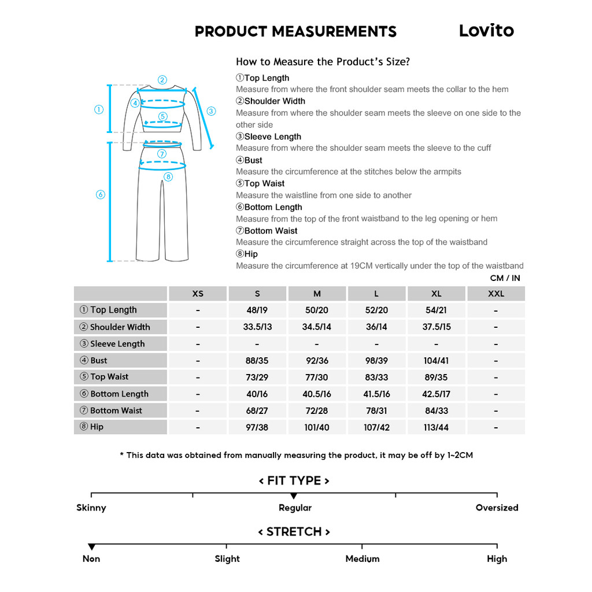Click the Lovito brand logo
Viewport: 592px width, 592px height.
(x=486, y=31)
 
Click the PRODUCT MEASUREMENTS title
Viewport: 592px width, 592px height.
(x=295, y=32)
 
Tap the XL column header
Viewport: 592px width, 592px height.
(x=436, y=294)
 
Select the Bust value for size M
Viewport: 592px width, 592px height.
(x=317, y=361)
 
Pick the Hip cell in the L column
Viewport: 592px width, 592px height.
(x=376, y=428)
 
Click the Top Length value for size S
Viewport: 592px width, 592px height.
(x=257, y=310)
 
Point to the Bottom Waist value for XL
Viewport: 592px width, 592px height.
(x=436, y=411)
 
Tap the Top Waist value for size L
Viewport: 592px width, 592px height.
(x=376, y=378)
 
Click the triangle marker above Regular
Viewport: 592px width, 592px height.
(x=294, y=496)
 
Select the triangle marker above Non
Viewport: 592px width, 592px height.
(x=91, y=547)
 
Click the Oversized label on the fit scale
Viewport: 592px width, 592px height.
(x=497, y=508)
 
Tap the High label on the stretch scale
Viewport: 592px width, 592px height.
(x=497, y=559)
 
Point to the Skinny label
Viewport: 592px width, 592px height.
(x=91, y=508)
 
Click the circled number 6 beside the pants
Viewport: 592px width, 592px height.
(x=100, y=195)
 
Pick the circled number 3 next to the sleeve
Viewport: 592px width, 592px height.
(x=211, y=111)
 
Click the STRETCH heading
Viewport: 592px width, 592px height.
(x=294, y=532)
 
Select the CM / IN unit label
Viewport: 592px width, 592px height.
(x=505, y=278)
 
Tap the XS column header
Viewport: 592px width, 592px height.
(x=198, y=294)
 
